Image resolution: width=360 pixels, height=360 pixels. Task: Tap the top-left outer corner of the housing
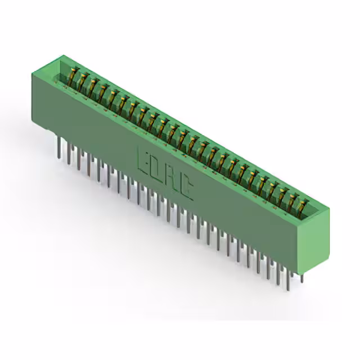32,74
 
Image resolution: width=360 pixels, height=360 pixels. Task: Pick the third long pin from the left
79,160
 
